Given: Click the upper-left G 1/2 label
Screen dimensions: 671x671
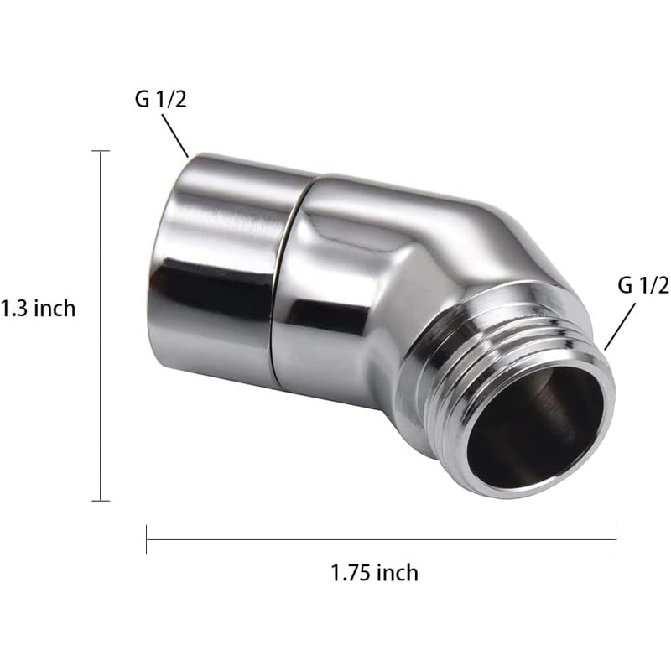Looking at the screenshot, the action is click(x=161, y=99).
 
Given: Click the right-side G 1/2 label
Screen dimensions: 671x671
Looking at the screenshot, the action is click(x=643, y=285).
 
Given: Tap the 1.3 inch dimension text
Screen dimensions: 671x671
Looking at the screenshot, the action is click(x=38, y=309).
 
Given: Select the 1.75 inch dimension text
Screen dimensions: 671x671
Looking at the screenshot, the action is click(x=374, y=573).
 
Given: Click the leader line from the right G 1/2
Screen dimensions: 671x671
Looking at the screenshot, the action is click(x=620, y=326).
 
